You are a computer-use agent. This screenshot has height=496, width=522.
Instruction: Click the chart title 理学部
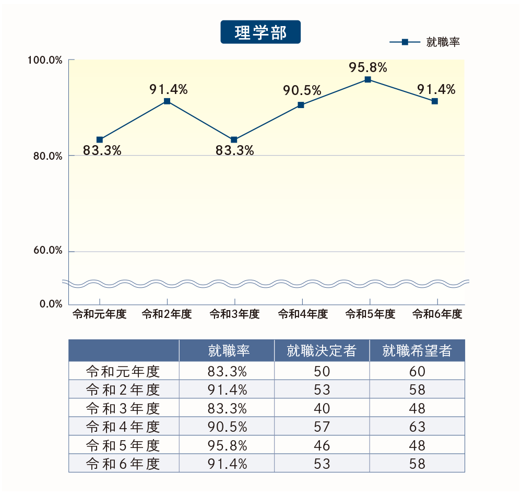pos(260,32)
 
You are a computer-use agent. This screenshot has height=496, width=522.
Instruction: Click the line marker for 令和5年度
pos(367,80)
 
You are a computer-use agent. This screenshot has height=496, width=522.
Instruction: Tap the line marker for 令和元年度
pos(100,140)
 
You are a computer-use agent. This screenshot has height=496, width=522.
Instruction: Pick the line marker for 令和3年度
pos(234,140)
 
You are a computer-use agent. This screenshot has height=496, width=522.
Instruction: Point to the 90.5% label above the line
pos(302,91)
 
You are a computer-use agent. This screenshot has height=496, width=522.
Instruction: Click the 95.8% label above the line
pos(368,67)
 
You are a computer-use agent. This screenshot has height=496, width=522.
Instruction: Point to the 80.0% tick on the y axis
pos(48,156)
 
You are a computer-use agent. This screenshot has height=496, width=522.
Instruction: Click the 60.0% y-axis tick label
pos(48,251)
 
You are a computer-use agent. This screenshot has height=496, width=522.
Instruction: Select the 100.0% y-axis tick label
pos(45,61)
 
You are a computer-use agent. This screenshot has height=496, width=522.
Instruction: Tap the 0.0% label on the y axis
pos(51,304)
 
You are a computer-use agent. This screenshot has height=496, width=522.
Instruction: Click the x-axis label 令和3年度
pos(234,314)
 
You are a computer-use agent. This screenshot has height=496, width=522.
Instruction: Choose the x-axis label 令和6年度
pos(437,314)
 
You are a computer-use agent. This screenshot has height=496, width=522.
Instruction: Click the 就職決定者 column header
pos(322,351)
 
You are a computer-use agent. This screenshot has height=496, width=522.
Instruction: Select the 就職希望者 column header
pos(417,351)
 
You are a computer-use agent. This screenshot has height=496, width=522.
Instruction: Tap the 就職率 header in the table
pos(227,351)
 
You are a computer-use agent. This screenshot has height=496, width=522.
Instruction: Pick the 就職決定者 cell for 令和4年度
pos(322,427)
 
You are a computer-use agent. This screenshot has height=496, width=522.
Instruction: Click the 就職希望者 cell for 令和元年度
pos(418,372)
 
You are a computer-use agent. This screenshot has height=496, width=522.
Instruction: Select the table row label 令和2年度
pos(123,390)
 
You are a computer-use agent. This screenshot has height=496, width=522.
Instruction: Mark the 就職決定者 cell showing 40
pos(322,408)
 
